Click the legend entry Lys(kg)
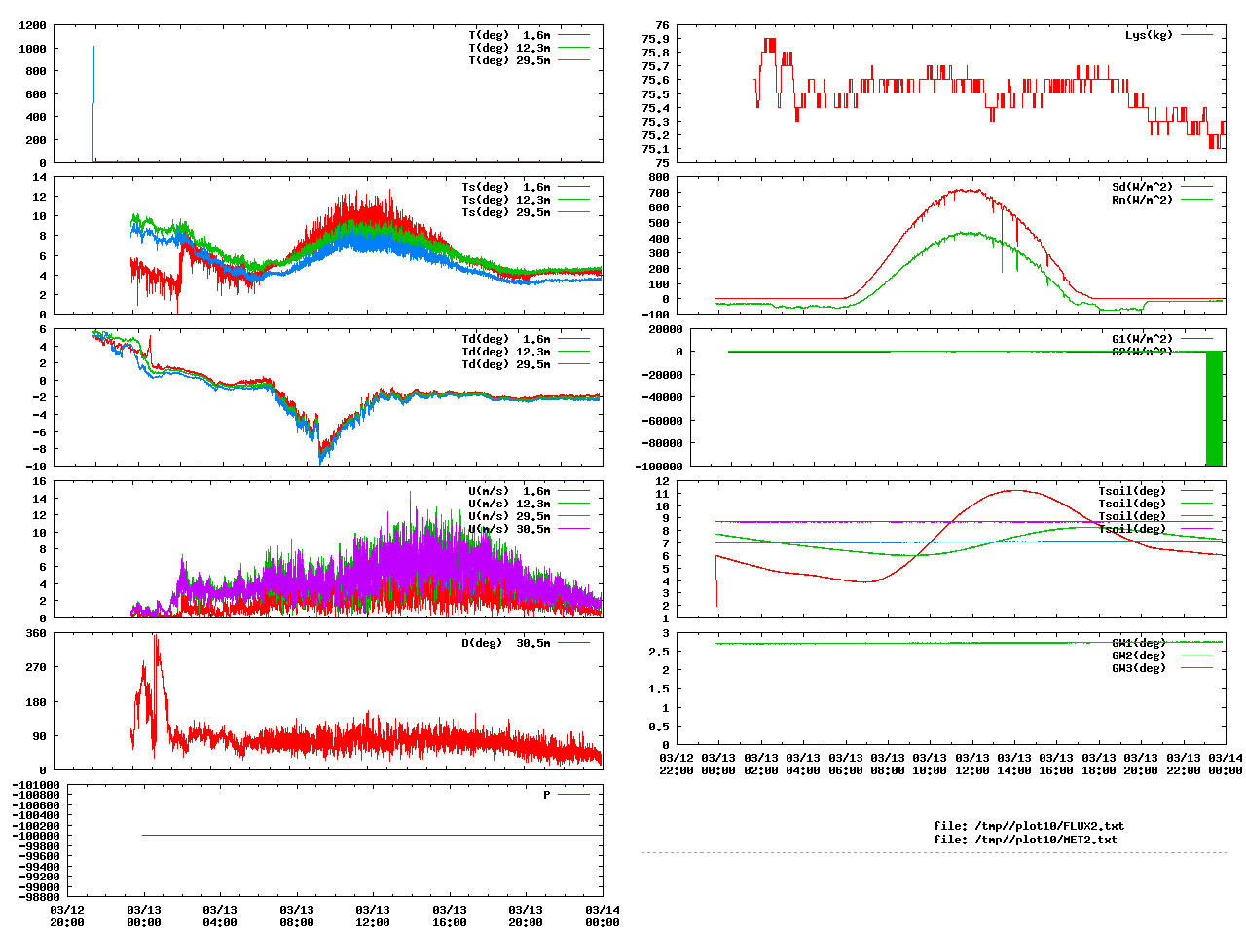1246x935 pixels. (x=1149, y=35)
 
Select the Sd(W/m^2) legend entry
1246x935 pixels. (x=1142, y=187)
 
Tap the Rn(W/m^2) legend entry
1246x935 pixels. (x=1142, y=200)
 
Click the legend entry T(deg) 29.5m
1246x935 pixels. (x=508, y=60)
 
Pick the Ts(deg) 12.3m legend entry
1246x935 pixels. (x=505, y=200)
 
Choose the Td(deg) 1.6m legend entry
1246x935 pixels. (x=505, y=339)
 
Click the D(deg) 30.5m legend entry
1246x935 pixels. (x=505, y=643)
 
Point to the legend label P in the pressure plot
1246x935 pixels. (x=547, y=795)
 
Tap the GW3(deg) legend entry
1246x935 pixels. (x=1138, y=668)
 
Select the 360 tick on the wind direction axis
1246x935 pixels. (x=36, y=633)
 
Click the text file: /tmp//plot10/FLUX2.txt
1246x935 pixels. (x=1028, y=826)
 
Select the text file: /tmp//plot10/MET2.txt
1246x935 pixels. (x=1025, y=840)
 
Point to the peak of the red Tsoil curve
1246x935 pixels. (x=1015, y=490)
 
